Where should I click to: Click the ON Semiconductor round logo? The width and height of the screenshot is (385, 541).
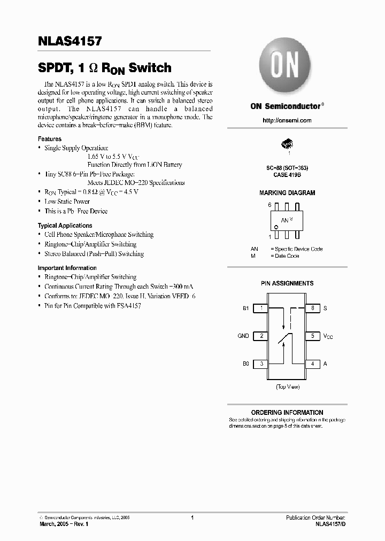pyautogui.click(x=287, y=68)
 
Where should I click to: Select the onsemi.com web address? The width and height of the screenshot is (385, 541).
pyautogui.click(x=287, y=120)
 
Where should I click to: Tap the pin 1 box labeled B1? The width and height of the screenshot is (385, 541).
pyautogui.click(x=260, y=308)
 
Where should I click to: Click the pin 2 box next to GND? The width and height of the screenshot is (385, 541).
pyautogui.click(x=260, y=336)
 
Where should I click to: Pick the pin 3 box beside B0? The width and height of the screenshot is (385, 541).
pyautogui.click(x=260, y=364)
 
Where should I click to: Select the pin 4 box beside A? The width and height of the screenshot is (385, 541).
pyautogui.click(x=312, y=364)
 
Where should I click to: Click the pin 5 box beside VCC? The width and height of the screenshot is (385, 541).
pyautogui.click(x=312, y=336)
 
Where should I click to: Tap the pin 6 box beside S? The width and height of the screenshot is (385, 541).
pyautogui.click(x=312, y=308)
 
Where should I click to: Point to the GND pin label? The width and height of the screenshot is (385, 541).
pyautogui.click(x=243, y=336)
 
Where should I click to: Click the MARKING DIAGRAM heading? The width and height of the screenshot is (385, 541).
pyautogui.click(x=287, y=193)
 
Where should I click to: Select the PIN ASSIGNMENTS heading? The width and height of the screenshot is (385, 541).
pyautogui.click(x=287, y=283)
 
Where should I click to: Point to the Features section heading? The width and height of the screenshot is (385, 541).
pyautogui.click(x=49, y=139)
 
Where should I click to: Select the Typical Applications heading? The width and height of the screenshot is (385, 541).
pyautogui.click(x=65, y=226)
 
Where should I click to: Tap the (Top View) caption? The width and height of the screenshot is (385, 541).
pyautogui.click(x=287, y=386)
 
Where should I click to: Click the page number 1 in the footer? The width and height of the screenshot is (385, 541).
pyautogui.click(x=192, y=517)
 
